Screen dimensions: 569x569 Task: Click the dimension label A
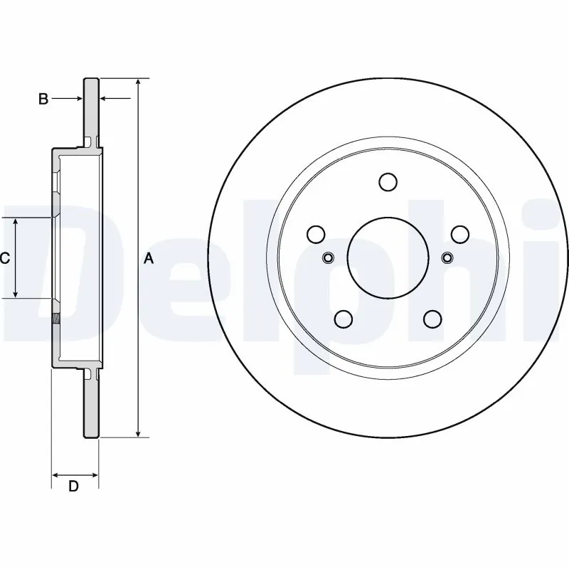pos(149,258)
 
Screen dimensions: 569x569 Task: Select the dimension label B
pos(43,100)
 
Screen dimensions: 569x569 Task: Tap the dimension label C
pos(4,258)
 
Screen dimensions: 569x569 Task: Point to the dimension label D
pos(73,486)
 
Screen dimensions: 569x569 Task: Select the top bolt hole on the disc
pos(388,182)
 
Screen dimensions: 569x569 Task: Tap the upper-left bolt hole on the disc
pos(316,234)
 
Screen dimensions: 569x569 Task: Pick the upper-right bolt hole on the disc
pos(460,234)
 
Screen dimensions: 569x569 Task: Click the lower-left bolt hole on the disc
pos(344,319)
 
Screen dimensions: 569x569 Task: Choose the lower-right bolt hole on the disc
pos(432,319)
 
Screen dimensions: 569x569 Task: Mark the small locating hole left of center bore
pos(329,257)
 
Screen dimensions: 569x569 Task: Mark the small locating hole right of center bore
pos(447,257)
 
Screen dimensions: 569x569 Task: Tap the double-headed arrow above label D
pos(75,474)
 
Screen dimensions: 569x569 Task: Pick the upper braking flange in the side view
pos(91,110)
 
